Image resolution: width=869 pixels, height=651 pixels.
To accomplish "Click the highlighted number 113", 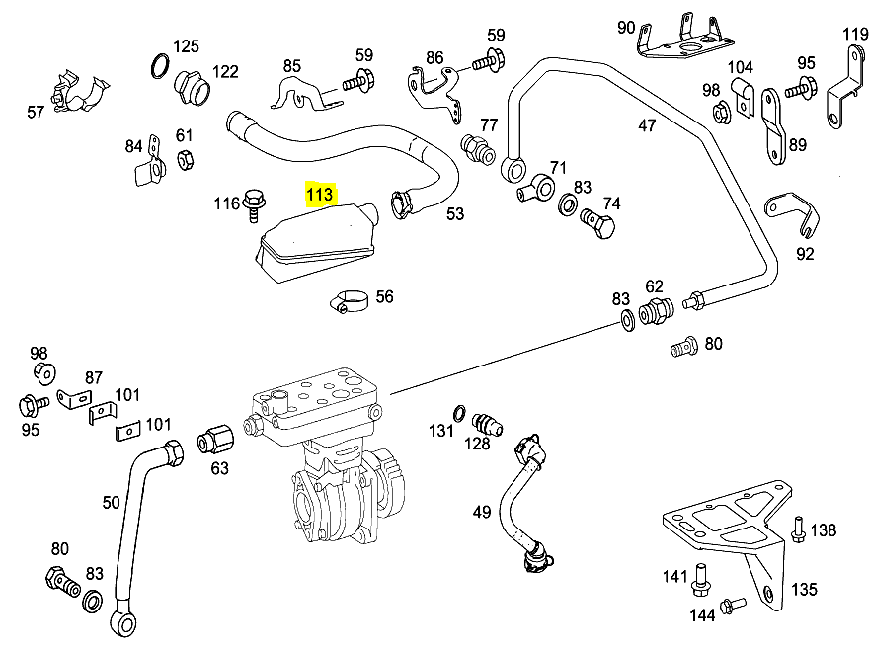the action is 320,194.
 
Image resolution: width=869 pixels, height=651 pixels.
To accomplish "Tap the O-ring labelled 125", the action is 160,66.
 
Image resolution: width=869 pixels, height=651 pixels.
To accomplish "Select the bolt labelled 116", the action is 254,204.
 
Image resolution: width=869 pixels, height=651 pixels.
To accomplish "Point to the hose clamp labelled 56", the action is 350,300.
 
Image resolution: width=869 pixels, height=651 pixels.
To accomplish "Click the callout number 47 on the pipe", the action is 647,125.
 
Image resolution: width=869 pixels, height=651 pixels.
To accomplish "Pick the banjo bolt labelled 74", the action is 598,223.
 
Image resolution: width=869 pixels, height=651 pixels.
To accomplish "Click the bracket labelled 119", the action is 845,87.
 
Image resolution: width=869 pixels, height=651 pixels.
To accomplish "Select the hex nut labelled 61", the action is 185,160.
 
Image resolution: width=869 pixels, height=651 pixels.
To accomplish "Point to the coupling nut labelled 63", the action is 215,441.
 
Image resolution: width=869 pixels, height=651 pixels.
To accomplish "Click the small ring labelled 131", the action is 459,413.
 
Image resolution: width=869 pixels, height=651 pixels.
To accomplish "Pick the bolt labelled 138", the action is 798,529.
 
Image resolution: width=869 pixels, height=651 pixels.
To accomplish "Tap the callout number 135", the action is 804,589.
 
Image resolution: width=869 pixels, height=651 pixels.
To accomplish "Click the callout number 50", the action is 111,503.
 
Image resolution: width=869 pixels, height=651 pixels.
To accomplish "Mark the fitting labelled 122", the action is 192,88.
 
